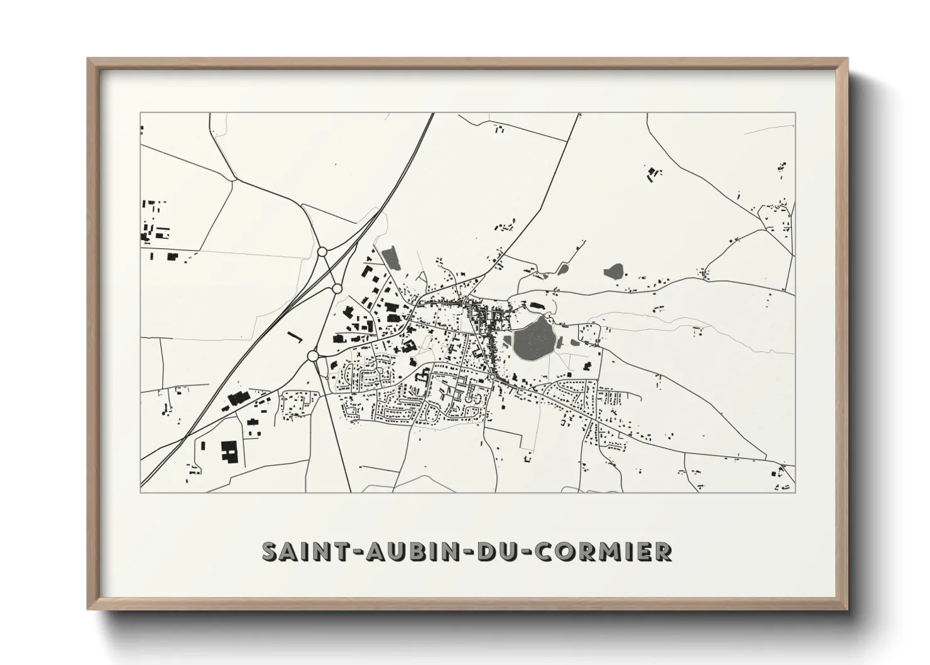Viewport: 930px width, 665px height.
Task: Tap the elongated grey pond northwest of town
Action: pyautogui.click(x=390, y=256)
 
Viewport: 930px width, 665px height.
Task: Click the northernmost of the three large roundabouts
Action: pyautogui.click(x=322, y=251)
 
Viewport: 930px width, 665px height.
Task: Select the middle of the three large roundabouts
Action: pyautogui.click(x=337, y=289)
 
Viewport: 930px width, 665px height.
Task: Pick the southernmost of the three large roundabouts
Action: pyautogui.click(x=312, y=356)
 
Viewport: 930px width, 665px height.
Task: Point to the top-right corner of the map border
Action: pyautogui.click(x=794, y=113)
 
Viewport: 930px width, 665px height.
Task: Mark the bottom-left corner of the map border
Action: pyautogui.click(x=140, y=492)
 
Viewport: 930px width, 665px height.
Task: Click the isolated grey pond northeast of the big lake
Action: pyautogui.click(x=613, y=272)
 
